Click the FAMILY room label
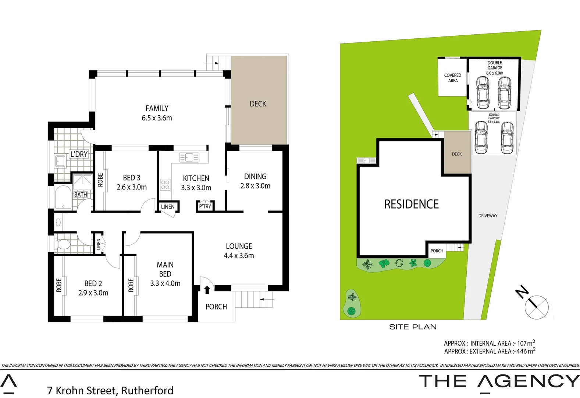point(157,108)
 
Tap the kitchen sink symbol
point(189,157)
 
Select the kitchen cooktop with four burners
point(165,185)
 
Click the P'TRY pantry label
point(205,206)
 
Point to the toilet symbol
point(64,244)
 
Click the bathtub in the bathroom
point(63,198)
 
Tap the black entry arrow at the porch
point(207,290)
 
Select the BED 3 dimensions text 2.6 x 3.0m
point(132,187)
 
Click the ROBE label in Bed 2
point(59,285)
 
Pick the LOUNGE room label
point(239,246)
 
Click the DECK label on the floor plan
point(258,104)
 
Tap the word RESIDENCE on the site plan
point(411,204)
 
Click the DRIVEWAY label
point(488,216)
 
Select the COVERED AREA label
point(452,78)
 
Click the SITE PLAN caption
point(413,327)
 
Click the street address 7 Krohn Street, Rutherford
point(110,390)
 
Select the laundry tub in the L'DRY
point(60,161)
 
